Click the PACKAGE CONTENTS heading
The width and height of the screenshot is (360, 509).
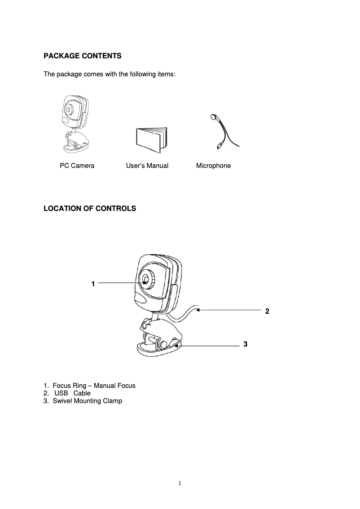82,56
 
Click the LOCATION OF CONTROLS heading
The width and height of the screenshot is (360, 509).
89,208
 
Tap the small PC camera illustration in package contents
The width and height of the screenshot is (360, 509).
75,123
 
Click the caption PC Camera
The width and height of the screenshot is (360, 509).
77,166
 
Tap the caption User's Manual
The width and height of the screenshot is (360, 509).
147,166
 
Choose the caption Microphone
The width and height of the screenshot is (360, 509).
213,166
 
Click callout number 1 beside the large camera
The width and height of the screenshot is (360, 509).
92,284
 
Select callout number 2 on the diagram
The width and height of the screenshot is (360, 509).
267,311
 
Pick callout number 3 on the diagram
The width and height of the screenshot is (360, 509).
245,344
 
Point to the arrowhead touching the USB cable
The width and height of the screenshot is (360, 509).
198,309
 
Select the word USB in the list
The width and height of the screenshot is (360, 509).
61,393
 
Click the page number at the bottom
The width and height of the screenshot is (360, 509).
180,483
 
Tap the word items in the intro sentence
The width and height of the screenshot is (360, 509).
166,74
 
